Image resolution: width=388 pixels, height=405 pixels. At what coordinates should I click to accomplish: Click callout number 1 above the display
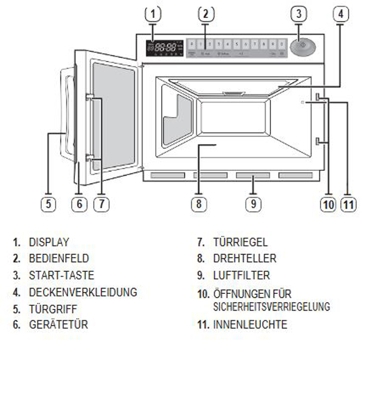(x=153, y=13)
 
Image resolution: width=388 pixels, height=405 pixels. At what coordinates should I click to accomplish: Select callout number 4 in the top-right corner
(x=340, y=13)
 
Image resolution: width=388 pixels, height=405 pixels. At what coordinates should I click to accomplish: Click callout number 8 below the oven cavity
(x=198, y=204)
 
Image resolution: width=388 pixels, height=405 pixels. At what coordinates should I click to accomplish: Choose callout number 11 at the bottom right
(x=349, y=204)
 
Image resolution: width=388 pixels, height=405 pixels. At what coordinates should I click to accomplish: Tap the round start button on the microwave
(x=303, y=46)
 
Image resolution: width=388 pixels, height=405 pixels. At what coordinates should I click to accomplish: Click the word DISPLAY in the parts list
(x=49, y=243)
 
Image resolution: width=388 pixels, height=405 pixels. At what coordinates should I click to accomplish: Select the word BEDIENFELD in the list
(x=58, y=259)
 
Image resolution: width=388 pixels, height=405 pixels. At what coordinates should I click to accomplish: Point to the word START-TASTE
(x=61, y=275)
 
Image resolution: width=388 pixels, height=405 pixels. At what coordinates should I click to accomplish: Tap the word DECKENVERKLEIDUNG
(x=83, y=292)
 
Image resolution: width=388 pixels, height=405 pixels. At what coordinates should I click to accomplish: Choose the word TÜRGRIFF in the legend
(x=53, y=309)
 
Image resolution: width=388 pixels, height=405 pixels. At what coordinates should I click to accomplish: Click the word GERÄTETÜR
(x=58, y=325)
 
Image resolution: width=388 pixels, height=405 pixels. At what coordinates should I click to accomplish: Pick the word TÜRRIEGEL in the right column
(x=241, y=243)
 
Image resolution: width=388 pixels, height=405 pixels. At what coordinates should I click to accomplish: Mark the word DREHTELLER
(x=245, y=259)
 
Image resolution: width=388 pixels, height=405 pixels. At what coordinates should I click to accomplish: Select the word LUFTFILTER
(x=241, y=275)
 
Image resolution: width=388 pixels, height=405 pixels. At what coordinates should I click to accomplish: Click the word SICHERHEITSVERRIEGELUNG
(x=272, y=306)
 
